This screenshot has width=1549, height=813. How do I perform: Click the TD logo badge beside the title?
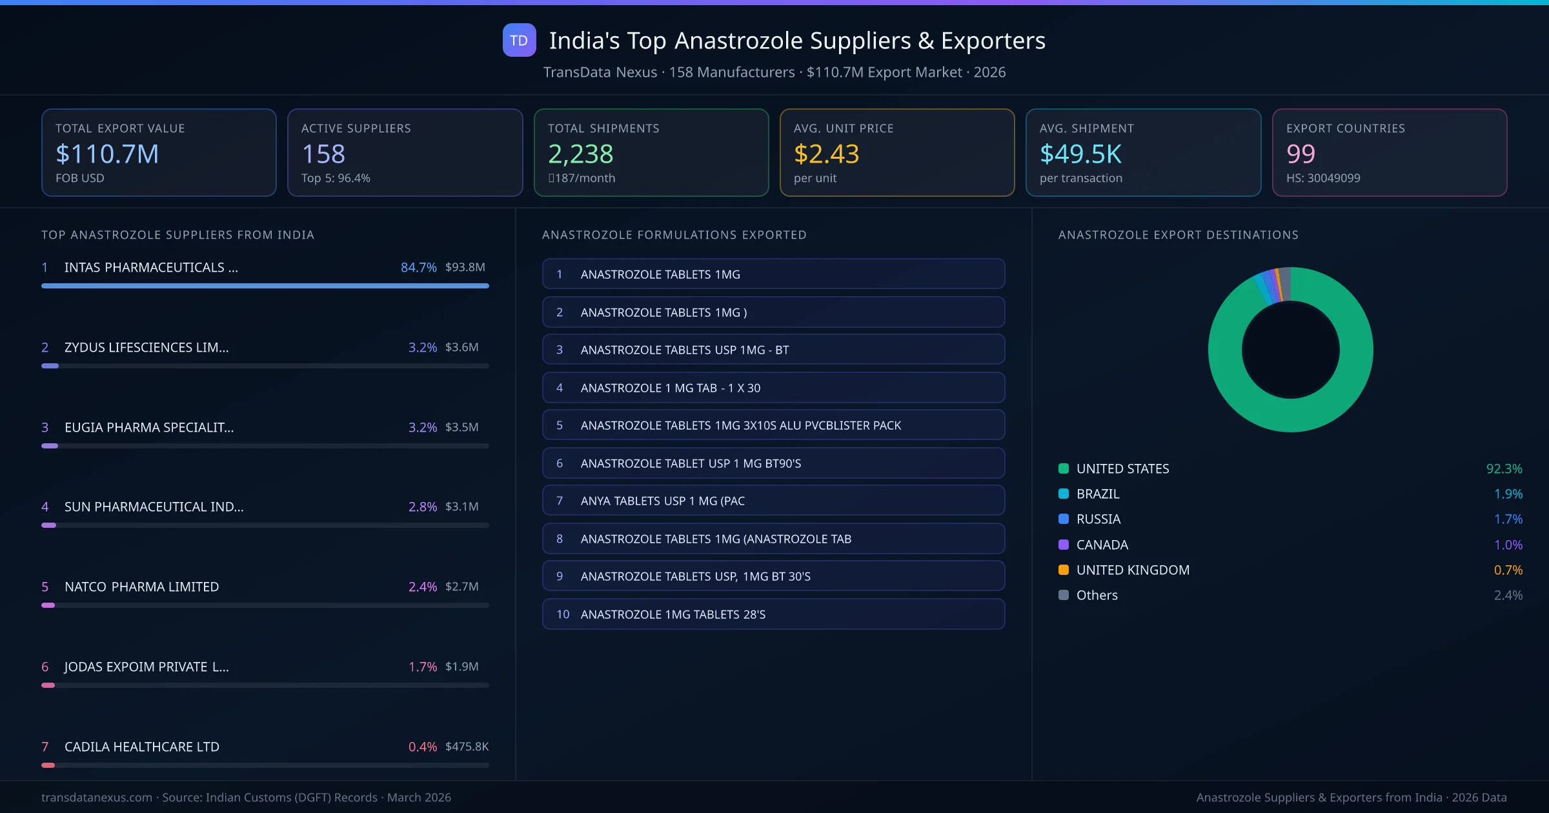coord(519,40)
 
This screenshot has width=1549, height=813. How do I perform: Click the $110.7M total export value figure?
coord(107,154)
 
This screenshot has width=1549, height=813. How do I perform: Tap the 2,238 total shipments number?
coord(580,154)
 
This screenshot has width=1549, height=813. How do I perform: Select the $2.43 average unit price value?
coord(826,154)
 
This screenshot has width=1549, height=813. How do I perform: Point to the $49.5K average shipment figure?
coord(1080,154)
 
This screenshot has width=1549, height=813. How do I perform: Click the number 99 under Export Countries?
coord(1300,154)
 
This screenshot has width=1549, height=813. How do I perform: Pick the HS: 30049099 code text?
coord(1322,178)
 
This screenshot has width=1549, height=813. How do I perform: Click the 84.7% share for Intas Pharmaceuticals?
coord(418,267)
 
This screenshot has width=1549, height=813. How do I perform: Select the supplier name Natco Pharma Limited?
coord(141,587)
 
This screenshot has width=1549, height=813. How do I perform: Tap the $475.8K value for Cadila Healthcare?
coord(467,747)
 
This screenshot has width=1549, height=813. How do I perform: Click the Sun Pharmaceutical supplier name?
coord(154,507)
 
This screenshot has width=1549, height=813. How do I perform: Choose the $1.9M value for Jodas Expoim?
coord(461,667)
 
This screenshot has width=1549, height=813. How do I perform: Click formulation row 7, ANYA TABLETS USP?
coord(773,501)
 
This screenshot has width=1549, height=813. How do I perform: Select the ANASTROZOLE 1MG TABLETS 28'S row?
coord(773,614)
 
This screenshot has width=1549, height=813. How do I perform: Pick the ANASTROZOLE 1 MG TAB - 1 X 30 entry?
coord(773,388)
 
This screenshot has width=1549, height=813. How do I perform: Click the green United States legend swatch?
coord(1064,468)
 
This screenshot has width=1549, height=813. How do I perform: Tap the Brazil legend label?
coord(1098,494)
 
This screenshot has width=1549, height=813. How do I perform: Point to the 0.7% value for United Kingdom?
coord(1508,570)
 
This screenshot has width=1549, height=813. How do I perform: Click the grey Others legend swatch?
coord(1064,595)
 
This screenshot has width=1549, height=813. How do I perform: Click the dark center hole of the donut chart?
coord(1290,350)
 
